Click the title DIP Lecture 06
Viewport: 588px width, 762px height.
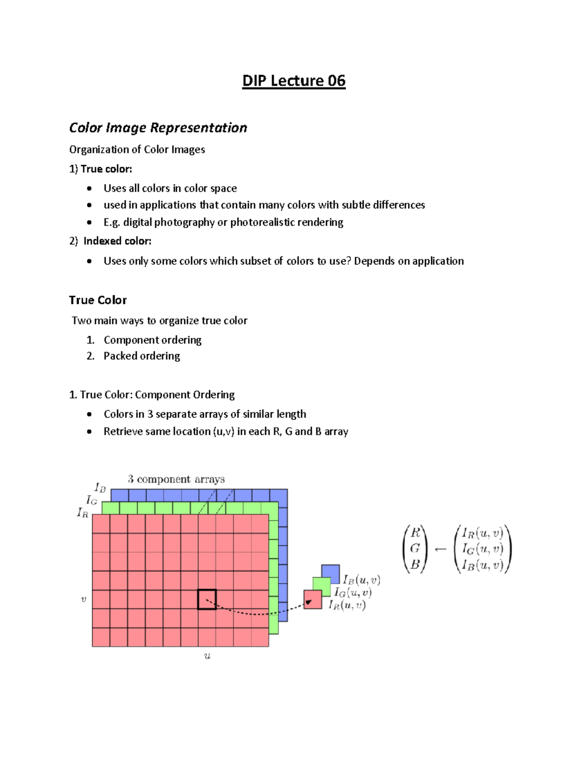coord(294,80)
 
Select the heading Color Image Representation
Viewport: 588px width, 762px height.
coord(158,128)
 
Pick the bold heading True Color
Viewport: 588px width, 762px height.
coord(98,300)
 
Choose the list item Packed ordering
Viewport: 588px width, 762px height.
coord(142,356)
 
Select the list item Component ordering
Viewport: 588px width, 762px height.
coord(152,340)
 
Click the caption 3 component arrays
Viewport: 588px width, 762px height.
coord(176,479)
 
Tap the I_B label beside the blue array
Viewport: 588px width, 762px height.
coord(100,488)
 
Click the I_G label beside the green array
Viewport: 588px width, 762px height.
coord(92,500)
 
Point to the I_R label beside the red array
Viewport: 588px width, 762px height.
coord(82,513)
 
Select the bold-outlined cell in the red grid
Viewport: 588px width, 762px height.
coord(207,599)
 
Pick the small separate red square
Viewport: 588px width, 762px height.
coord(313,600)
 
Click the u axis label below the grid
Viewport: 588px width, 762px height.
coord(207,656)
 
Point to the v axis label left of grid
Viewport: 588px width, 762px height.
coord(83,599)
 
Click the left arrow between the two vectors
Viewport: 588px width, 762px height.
coord(441,549)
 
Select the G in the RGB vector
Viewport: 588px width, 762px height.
coord(415,548)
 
